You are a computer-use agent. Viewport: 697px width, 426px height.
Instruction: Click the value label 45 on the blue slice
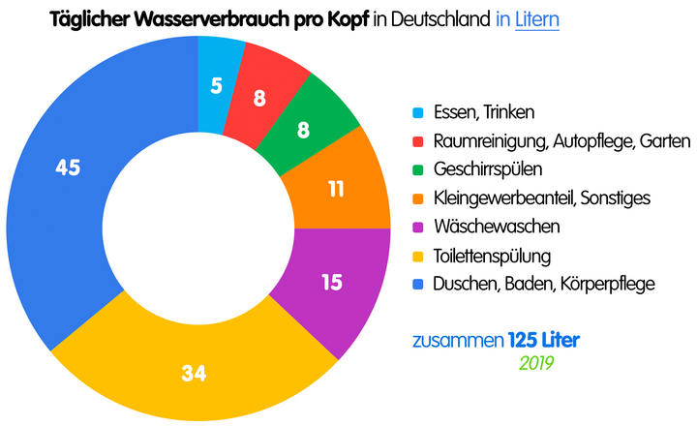[67, 168]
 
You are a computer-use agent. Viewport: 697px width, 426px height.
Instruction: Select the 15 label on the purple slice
[332, 283]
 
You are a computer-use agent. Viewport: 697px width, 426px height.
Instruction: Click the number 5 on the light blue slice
[217, 85]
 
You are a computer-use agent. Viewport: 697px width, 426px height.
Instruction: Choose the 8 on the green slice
[303, 130]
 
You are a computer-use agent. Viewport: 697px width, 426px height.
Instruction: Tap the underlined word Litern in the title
[536, 18]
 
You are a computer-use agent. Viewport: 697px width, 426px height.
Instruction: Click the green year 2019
[535, 362]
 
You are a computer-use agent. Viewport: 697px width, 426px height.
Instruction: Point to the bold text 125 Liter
[544, 341]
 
